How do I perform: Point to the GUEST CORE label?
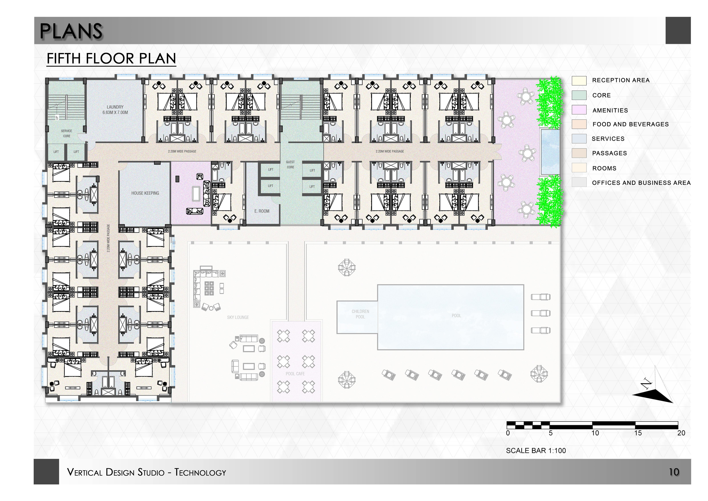pos(290,164)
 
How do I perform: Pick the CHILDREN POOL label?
pos(360,314)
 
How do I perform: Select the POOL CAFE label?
pos(295,374)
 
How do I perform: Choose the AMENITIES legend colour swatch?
pos(579,110)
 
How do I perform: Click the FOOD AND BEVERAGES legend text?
pos(630,124)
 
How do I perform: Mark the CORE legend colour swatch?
pos(579,95)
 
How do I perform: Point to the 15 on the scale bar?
pos(638,433)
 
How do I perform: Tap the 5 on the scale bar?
pos(551,433)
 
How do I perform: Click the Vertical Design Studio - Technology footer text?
pos(146,472)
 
